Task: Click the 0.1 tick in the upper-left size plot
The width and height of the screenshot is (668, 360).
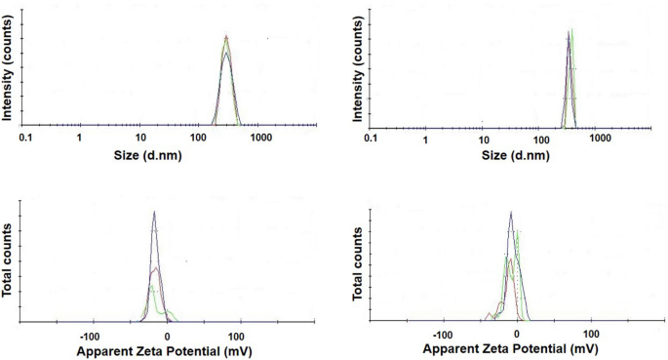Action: (x=26, y=139)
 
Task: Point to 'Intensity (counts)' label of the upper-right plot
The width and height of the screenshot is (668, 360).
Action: (x=358, y=74)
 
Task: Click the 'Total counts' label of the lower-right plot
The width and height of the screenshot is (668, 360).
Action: (x=358, y=269)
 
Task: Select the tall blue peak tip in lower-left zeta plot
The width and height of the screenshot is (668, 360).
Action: (x=153, y=212)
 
